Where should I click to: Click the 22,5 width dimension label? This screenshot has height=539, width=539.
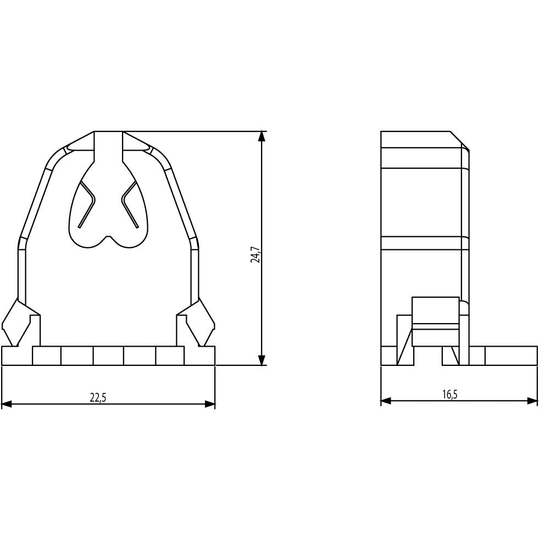click(98, 398)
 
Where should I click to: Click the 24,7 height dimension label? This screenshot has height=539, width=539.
click(255, 255)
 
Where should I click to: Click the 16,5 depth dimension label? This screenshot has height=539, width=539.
click(450, 394)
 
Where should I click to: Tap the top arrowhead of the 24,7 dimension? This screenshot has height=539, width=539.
click(262, 136)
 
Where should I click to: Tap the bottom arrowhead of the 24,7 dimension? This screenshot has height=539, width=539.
click(262, 359)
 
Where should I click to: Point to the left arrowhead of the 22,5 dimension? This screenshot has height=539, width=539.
click(7, 404)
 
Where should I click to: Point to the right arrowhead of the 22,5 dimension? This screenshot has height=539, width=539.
click(210, 404)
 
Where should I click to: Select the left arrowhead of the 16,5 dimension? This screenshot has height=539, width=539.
click(386, 401)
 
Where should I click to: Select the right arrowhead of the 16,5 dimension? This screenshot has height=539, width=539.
click(532, 401)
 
